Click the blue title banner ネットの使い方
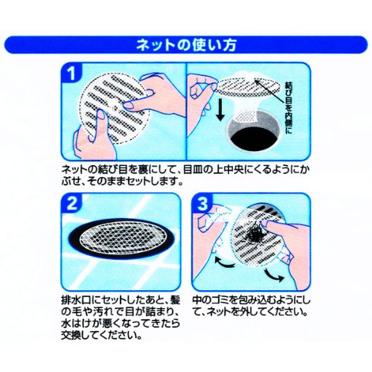(186, 45)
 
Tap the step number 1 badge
(71, 74)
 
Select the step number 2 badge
(71, 205)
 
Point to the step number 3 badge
(202, 205)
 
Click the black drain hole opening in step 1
(254, 136)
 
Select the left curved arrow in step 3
(224, 263)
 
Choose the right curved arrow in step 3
(274, 275)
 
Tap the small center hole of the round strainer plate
(115, 108)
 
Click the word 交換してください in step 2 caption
(101, 336)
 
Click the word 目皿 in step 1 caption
(194, 170)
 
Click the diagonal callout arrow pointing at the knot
(269, 91)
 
